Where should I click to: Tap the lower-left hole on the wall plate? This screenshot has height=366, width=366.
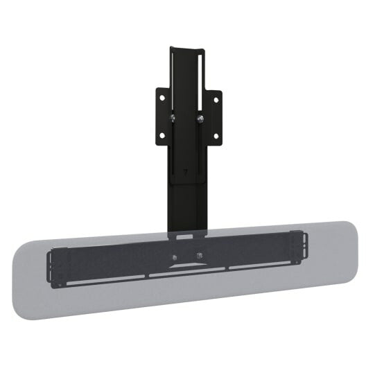pyautogui.click(x=162, y=135)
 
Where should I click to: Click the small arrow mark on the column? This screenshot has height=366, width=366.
pyautogui.click(x=186, y=168)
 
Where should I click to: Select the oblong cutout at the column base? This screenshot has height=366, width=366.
pyautogui.click(x=184, y=236)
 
